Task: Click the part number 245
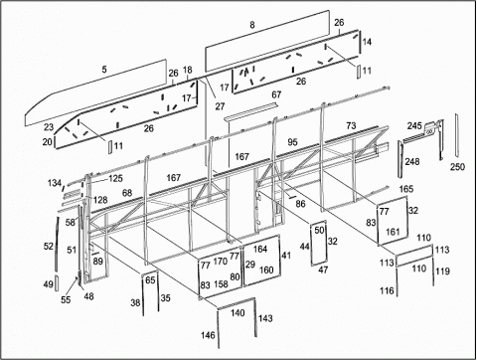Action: click(414, 126)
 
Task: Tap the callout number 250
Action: click(457, 166)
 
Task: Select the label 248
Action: click(412, 161)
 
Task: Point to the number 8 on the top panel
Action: click(252, 25)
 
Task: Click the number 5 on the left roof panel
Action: click(104, 70)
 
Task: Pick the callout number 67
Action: click(276, 94)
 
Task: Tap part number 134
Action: click(55, 183)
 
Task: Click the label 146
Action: click(208, 335)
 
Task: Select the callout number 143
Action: click(265, 318)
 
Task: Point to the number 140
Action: click(238, 312)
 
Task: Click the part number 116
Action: click(387, 290)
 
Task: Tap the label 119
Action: click(442, 271)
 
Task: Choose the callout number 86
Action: click(300, 204)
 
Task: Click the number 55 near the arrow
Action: click(66, 299)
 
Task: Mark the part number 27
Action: click(220, 106)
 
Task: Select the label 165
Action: click(406, 189)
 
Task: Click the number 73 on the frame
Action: click(351, 126)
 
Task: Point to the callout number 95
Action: click(292, 142)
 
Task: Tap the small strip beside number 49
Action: click(57, 282)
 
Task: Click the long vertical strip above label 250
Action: click(456, 135)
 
